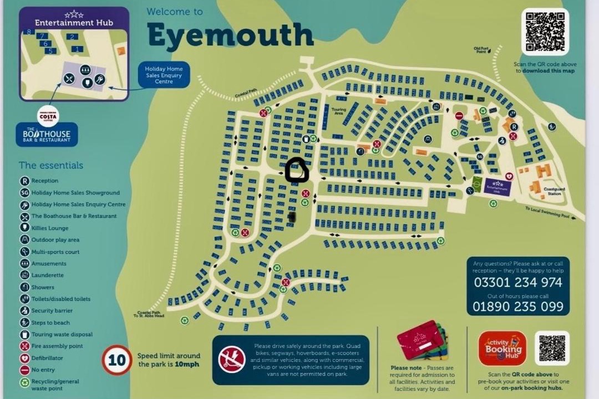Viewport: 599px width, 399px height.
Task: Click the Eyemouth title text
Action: pos(230,35)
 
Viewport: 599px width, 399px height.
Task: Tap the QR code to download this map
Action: pos(545,32)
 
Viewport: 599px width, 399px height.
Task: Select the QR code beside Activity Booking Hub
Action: pos(551,348)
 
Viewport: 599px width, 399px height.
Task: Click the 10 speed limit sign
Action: pos(116,360)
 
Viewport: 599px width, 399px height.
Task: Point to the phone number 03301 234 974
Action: pos(517,283)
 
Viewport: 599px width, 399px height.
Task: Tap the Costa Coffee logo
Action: pos(48,116)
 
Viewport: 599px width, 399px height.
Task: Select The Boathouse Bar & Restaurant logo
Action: pos(47,135)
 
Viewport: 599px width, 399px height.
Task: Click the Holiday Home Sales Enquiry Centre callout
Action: pos(164,75)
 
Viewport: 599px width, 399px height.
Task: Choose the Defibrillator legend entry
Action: pos(47,358)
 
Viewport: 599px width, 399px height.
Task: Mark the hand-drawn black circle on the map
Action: pos(297,171)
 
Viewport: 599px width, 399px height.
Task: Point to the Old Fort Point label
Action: pos(481,50)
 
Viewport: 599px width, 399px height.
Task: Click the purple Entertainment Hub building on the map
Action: pos(497,186)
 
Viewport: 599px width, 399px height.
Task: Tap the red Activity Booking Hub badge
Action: pos(502,348)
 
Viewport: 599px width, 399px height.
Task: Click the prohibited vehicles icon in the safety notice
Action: pos(232,359)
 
